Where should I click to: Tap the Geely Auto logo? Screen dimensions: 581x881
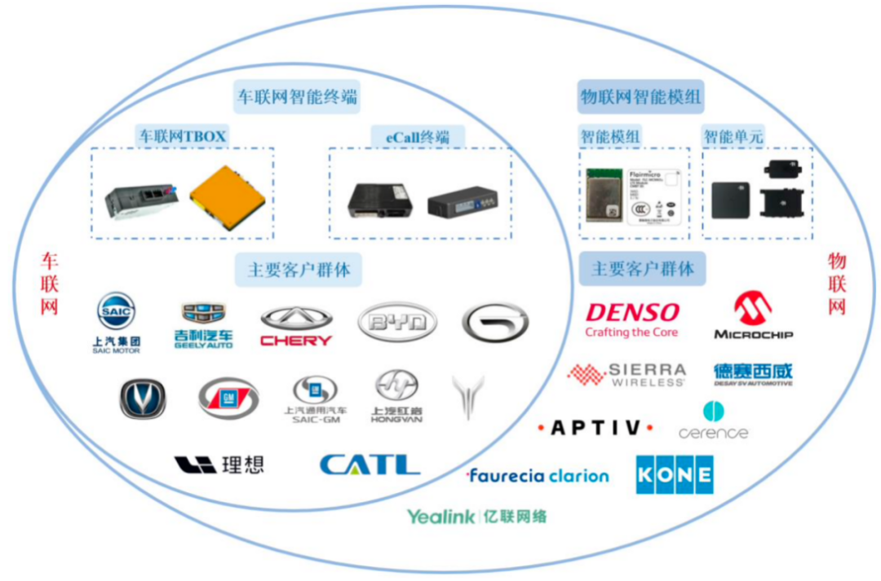point(203,324)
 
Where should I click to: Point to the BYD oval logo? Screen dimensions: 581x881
point(396,323)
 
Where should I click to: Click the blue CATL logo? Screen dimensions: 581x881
point(370,464)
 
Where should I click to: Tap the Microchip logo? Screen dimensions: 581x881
point(753,316)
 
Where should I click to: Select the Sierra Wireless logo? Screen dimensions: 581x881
point(626,375)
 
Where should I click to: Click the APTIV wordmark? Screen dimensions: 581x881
point(595,428)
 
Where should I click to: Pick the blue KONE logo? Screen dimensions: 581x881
point(675,474)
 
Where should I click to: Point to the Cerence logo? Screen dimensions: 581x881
point(713,421)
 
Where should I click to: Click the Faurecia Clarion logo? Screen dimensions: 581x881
point(538,476)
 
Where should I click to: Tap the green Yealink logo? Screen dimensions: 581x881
point(477,517)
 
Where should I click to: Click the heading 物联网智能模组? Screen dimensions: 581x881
point(640,97)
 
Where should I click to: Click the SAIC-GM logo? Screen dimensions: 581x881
point(316,398)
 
